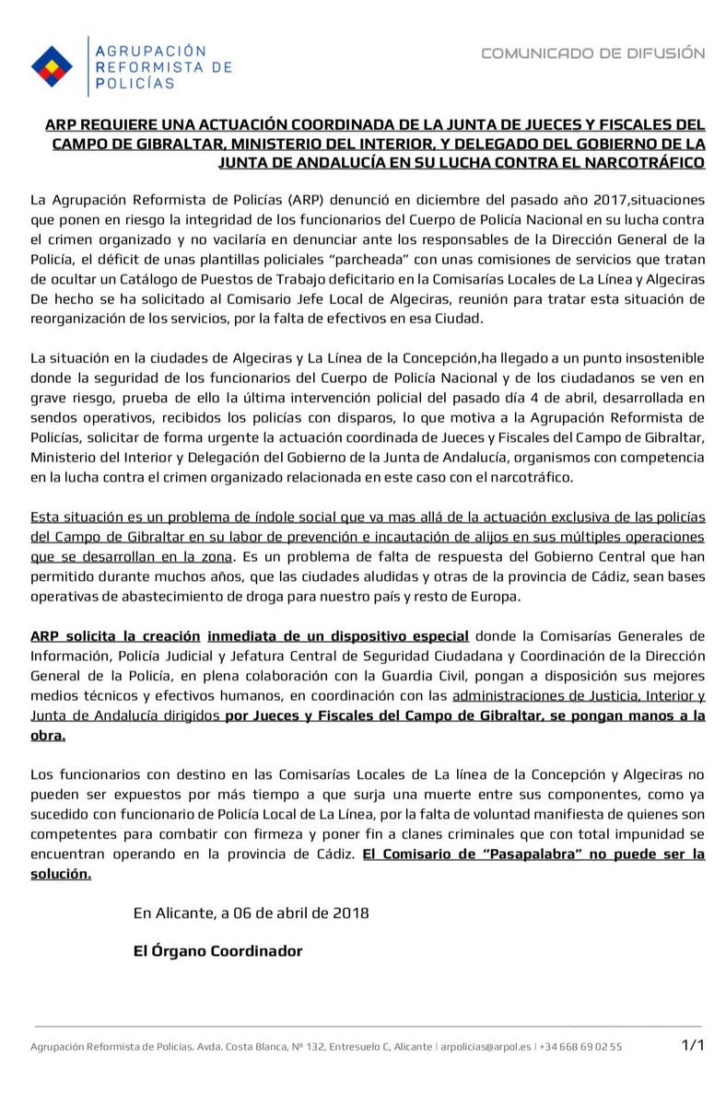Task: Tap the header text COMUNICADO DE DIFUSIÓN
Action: (x=593, y=53)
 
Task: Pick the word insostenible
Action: (x=658, y=356)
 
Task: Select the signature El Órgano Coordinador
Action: (x=217, y=951)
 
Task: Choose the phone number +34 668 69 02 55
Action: (x=580, y=1046)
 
